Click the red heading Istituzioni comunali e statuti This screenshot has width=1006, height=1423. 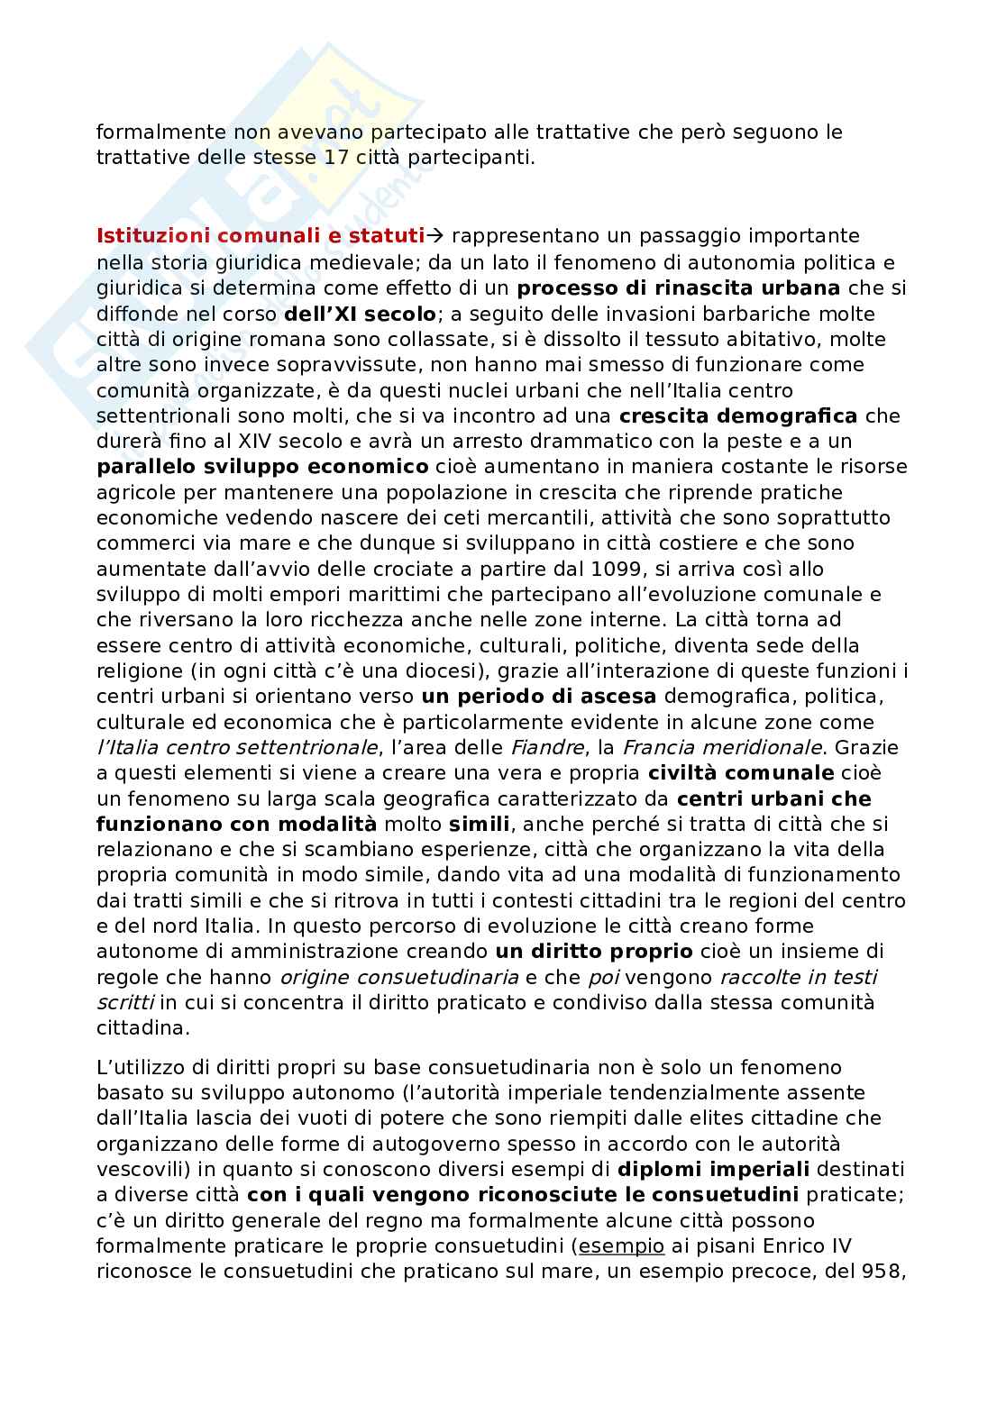(x=260, y=236)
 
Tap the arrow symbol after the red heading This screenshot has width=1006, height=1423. (x=435, y=236)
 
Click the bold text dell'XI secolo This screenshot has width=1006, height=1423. (x=359, y=314)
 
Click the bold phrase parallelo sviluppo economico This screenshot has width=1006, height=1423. (x=262, y=467)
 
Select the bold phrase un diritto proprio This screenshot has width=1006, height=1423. (x=594, y=951)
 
